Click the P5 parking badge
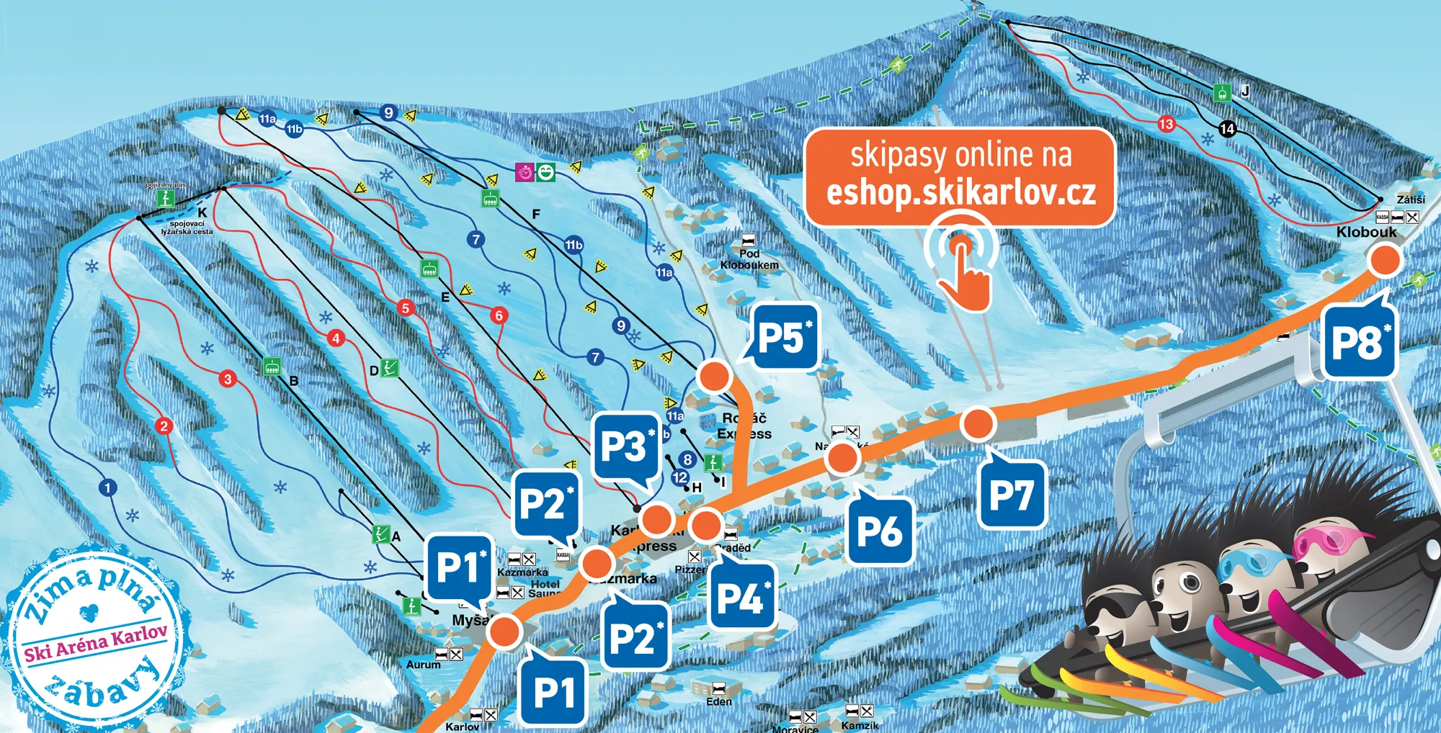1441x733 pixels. click(783, 338)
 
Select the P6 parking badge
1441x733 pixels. click(880, 532)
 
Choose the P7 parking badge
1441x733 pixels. click(1012, 495)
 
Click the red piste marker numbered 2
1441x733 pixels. click(164, 426)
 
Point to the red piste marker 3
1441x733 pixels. click(228, 379)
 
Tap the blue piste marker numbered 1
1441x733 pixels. click(107, 488)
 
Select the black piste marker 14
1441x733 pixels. click(1228, 129)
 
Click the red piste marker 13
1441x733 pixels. click(1166, 124)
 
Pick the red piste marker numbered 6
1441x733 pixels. click(499, 315)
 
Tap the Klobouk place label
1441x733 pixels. click(1366, 232)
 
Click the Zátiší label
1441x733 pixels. click(1411, 199)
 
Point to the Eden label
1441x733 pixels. click(718, 701)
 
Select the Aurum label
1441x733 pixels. click(423, 665)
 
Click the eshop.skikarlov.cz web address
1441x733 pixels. click(960, 193)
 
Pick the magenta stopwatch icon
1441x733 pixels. click(525, 173)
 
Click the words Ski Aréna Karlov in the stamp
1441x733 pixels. click(95, 642)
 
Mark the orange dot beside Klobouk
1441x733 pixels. click(1384, 261)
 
